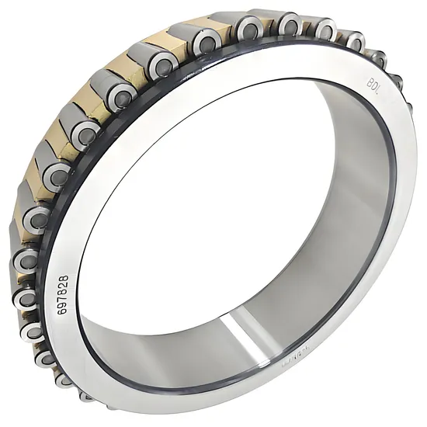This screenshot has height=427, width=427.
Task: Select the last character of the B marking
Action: click(378, 86)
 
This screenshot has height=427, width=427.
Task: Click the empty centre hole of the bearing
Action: click(233, 194)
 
